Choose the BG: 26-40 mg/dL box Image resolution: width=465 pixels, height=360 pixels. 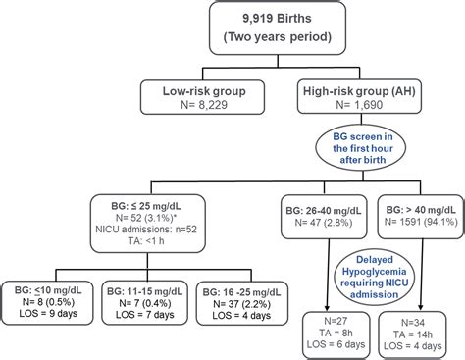316,215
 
